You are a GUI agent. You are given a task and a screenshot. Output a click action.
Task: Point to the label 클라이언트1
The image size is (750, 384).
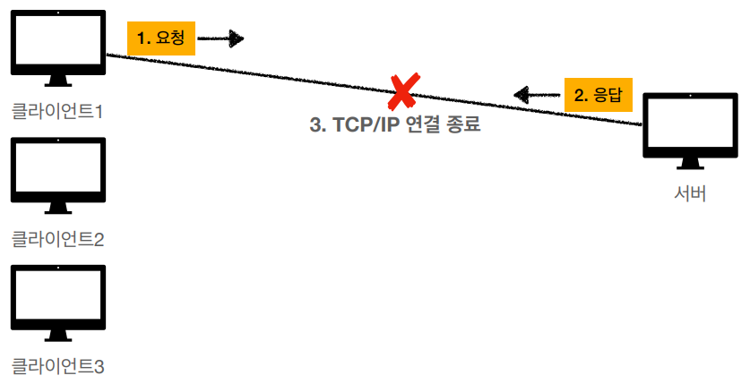click(58, 112)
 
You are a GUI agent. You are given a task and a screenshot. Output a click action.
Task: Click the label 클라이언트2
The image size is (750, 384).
click(58, 239)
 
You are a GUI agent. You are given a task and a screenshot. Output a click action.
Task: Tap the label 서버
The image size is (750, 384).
click(690, 193)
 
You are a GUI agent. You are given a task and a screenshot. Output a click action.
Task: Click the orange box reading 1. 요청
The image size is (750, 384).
click(161, 38)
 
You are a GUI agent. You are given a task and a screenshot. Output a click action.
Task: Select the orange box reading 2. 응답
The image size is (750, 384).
click(598, 94)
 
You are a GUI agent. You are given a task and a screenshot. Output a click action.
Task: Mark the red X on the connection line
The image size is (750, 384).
click(404, 90)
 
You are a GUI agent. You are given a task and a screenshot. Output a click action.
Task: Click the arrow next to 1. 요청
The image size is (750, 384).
click(220, 38)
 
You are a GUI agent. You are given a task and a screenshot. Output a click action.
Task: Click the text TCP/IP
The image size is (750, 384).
click(366, 125)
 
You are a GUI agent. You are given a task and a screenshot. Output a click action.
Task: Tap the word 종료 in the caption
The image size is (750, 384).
click(463, 125)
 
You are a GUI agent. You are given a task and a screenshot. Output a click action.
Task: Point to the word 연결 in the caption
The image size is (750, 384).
click(422, 125)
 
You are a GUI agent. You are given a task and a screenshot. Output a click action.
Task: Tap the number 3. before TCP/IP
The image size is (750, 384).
click(318, 125)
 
